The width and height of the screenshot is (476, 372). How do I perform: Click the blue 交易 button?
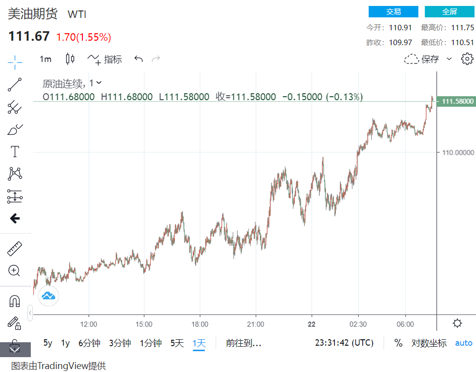394,12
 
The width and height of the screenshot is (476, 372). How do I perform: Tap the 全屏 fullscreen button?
449,12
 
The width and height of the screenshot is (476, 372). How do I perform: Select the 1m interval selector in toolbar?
45,59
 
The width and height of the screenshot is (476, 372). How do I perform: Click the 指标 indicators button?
105,59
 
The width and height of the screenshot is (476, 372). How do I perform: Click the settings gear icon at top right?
467,59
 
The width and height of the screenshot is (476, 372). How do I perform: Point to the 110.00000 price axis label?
458,153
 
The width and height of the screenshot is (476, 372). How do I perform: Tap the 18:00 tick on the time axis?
200,324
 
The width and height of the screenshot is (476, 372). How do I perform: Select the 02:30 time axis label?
358,324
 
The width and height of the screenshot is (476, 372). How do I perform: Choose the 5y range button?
48,343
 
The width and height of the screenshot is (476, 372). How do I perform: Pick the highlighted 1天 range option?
199,343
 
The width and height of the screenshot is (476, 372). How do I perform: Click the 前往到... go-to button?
243,343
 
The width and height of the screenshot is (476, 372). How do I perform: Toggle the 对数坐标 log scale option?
429,343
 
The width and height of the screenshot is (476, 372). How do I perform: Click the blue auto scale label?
464,343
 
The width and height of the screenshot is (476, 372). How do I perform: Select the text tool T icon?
15,151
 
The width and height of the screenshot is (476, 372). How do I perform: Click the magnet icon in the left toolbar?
15,301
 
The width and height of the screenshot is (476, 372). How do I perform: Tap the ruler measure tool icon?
15,248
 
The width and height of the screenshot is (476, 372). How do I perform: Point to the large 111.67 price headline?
28,36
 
